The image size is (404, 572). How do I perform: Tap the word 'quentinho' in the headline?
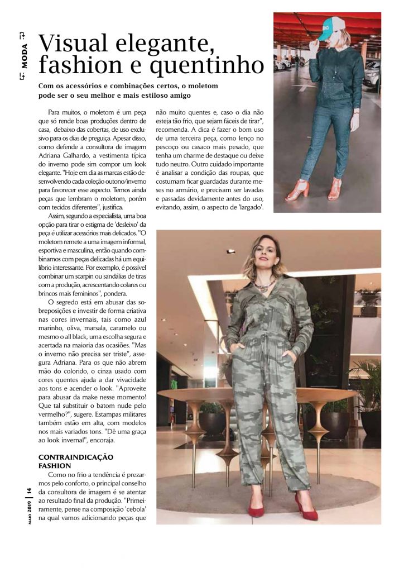click(x=212, y=66)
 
